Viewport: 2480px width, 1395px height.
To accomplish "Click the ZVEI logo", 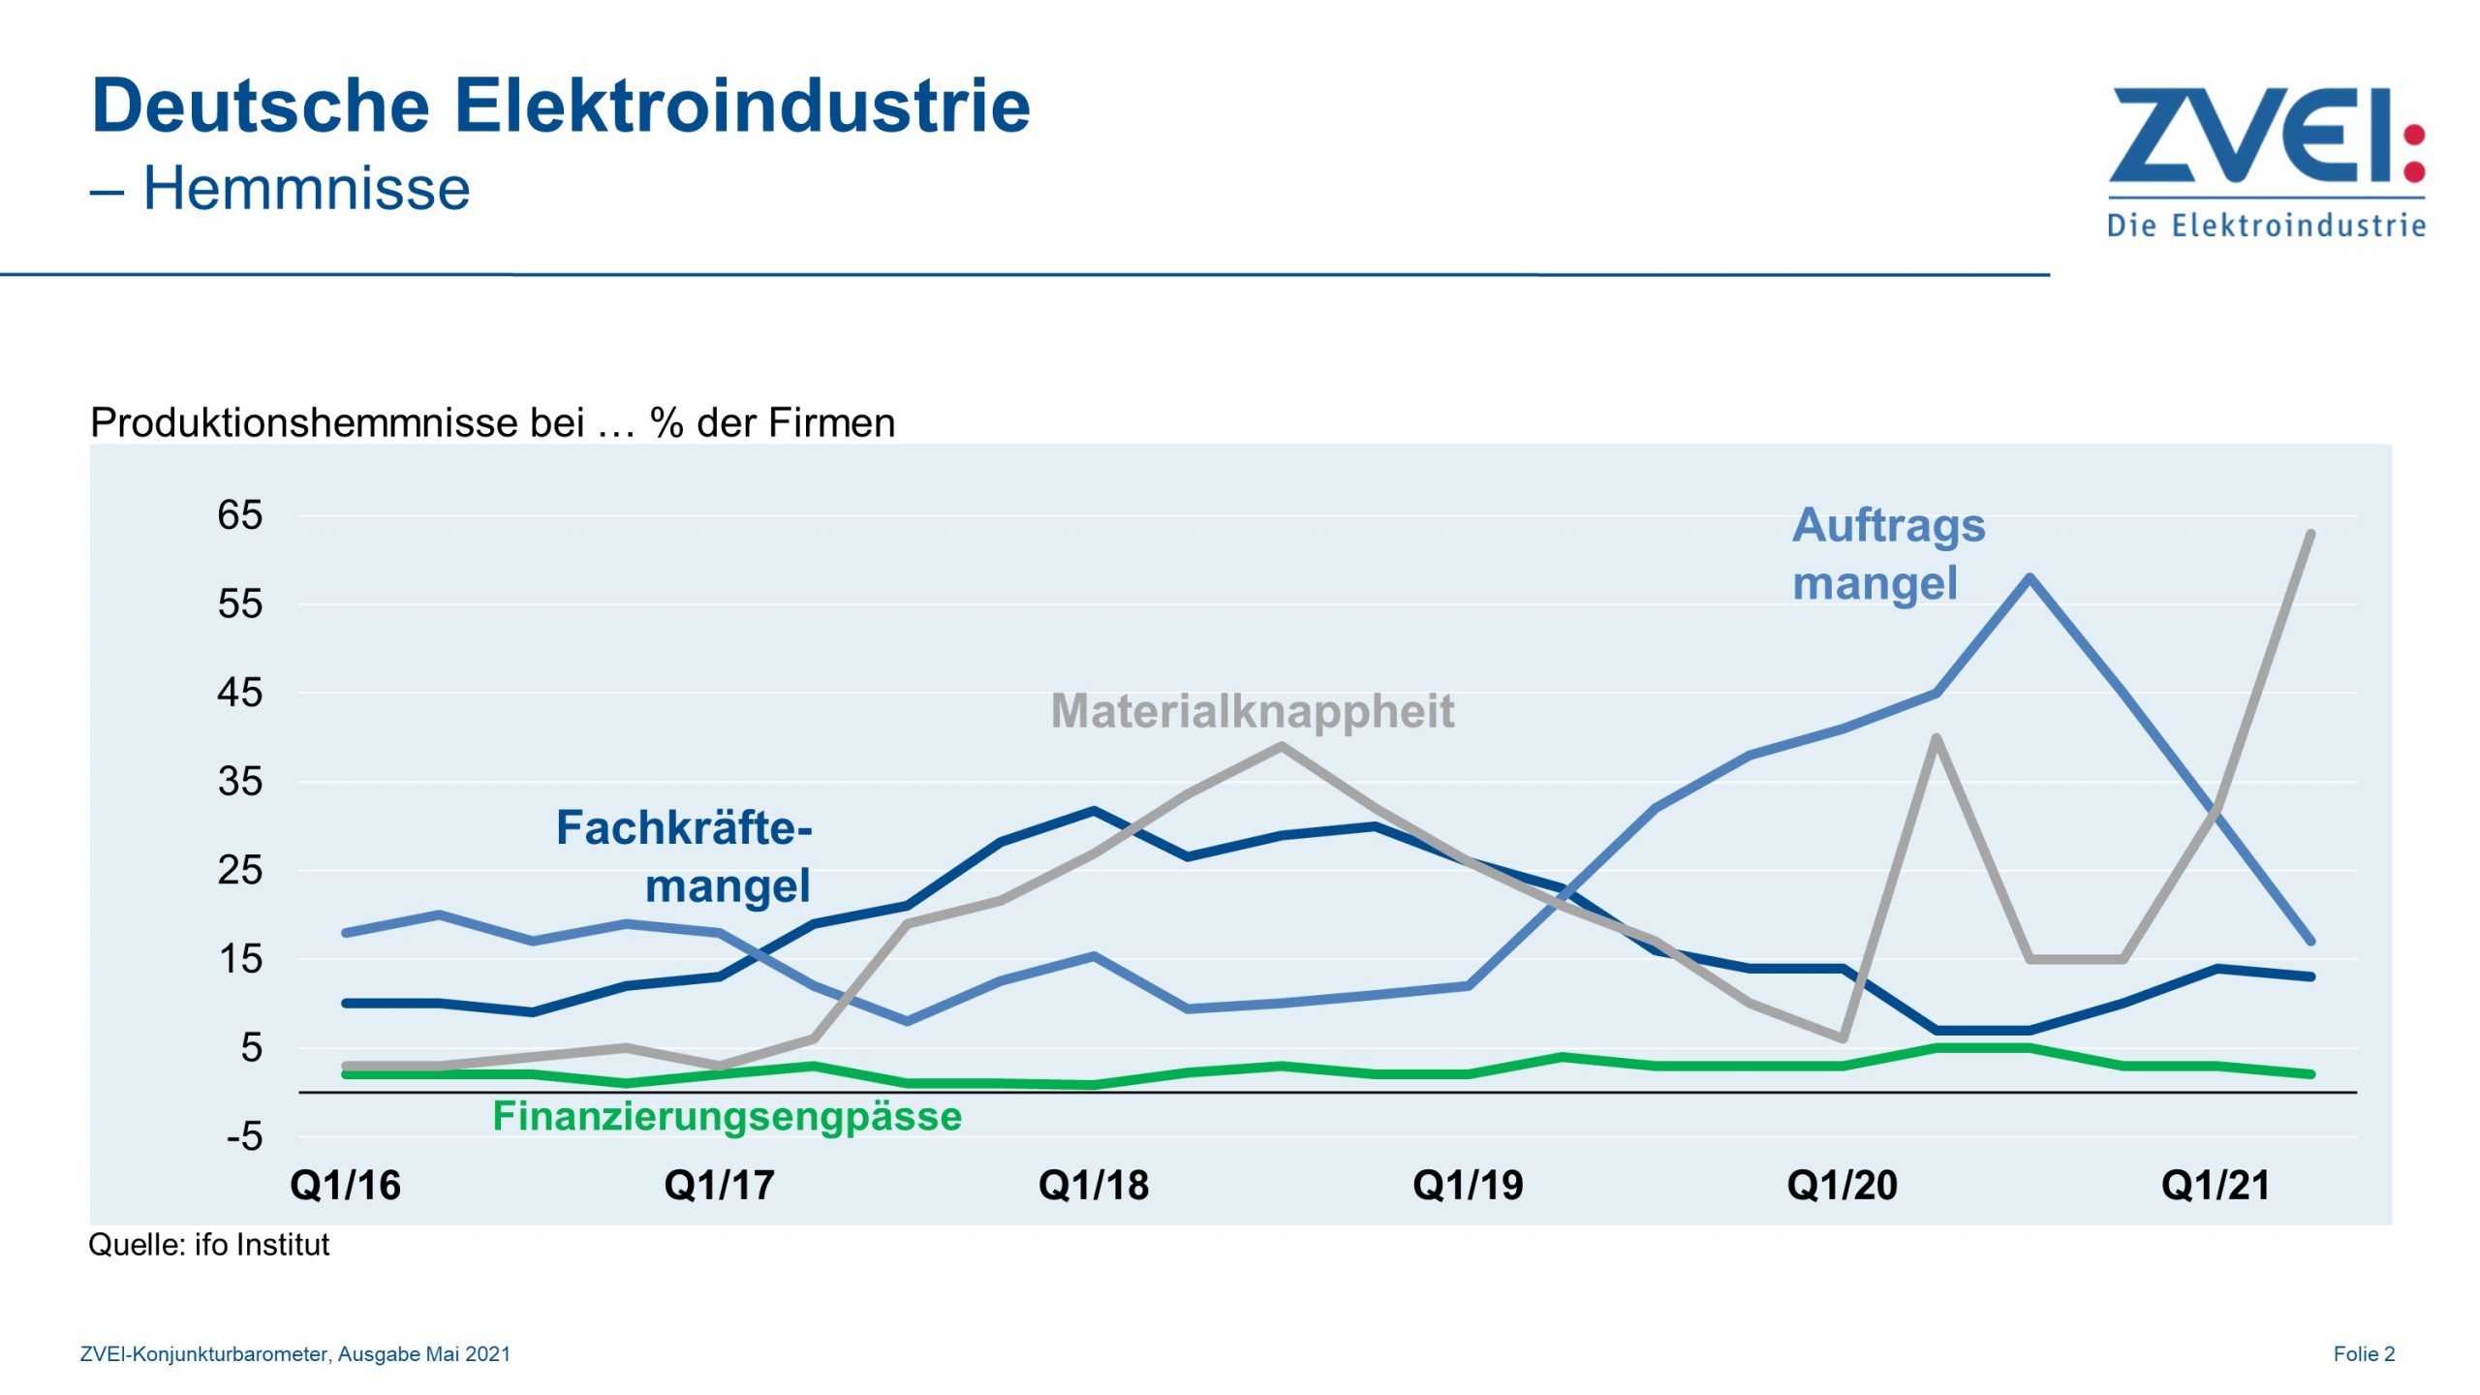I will pos(2265,160).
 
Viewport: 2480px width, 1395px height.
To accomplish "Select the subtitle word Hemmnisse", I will pos(306,188).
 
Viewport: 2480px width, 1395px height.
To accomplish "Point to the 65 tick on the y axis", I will pos(239,515).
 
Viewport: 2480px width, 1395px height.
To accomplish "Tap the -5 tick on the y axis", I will pos(244,1136).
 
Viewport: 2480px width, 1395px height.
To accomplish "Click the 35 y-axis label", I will pos(239,782).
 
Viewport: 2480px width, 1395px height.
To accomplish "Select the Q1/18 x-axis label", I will pos(1093,1186).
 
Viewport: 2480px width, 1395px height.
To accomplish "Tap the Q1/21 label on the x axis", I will pos(2216,1186).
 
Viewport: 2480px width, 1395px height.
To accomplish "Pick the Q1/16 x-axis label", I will pos(345,1186).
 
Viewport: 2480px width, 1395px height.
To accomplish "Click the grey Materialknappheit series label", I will pos(1252,711).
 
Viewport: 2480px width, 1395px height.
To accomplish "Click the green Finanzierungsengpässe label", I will pos(727,1116).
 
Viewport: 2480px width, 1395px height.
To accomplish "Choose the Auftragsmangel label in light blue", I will pos(1887,554).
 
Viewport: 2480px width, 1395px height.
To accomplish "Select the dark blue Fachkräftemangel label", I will pos(684,856).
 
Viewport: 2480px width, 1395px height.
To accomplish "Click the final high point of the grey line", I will pos(2310,534).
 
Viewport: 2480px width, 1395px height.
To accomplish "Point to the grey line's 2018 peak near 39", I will pos(1281,746).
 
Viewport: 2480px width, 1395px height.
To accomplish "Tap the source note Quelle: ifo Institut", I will pos(208,1245).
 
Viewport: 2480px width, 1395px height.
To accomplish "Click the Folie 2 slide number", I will pos(2363,1354).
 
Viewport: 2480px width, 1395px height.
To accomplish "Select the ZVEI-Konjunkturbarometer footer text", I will pos(294,1354).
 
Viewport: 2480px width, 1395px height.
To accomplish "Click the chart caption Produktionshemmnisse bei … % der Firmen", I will pos(492,423).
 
